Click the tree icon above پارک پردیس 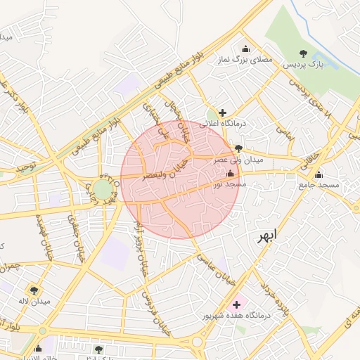[303, 53]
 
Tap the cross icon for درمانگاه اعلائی [222, 112]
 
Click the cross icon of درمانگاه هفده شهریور [236, 305]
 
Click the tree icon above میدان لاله [32, 290]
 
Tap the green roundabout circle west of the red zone [103, 189]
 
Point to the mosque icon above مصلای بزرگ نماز [245, 49]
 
